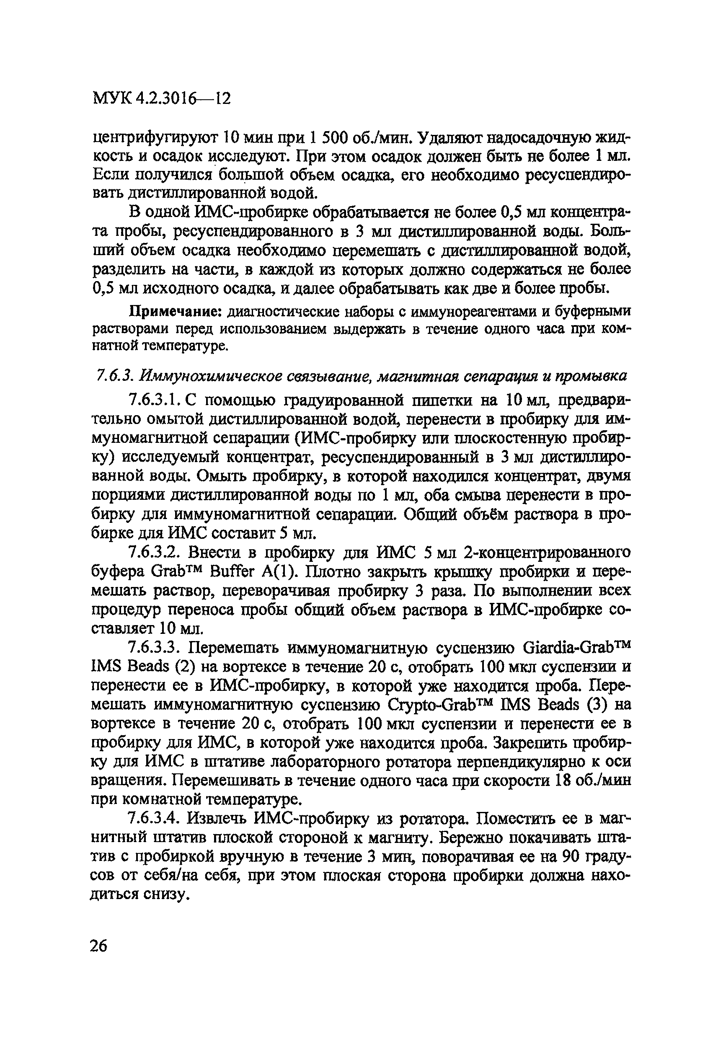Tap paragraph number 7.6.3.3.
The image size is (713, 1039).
click(x=154, y=647)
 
